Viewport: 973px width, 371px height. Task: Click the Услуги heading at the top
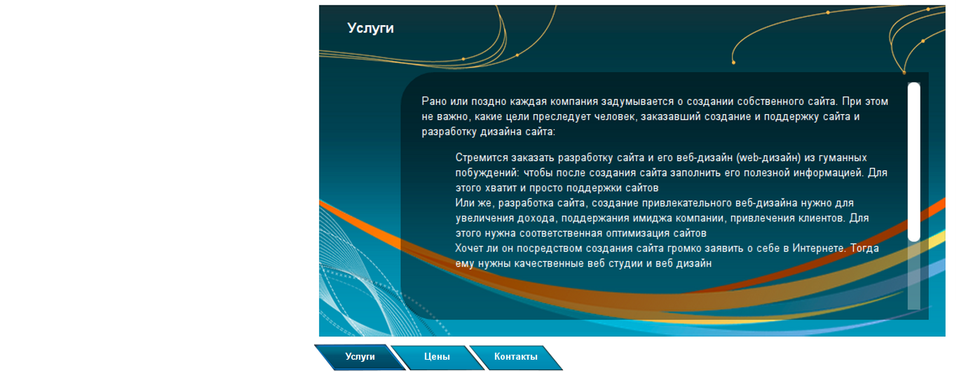371,28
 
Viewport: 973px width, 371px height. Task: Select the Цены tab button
437,357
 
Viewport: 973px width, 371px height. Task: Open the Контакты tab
516,357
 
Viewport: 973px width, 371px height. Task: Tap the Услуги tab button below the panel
360,357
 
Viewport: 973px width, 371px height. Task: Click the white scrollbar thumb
914,162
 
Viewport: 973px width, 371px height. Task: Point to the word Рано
434,101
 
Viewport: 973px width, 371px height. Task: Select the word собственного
770,101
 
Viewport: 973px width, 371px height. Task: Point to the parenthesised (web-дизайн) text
768,158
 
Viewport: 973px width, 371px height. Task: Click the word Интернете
819,248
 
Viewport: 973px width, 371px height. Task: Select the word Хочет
468,248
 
